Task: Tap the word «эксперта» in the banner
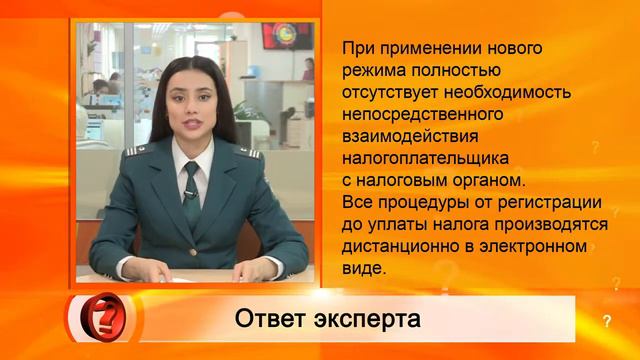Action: [x=364, y=319]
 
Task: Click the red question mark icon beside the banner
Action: [x=109, y=317]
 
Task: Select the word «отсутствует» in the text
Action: [x=391, y=92]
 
